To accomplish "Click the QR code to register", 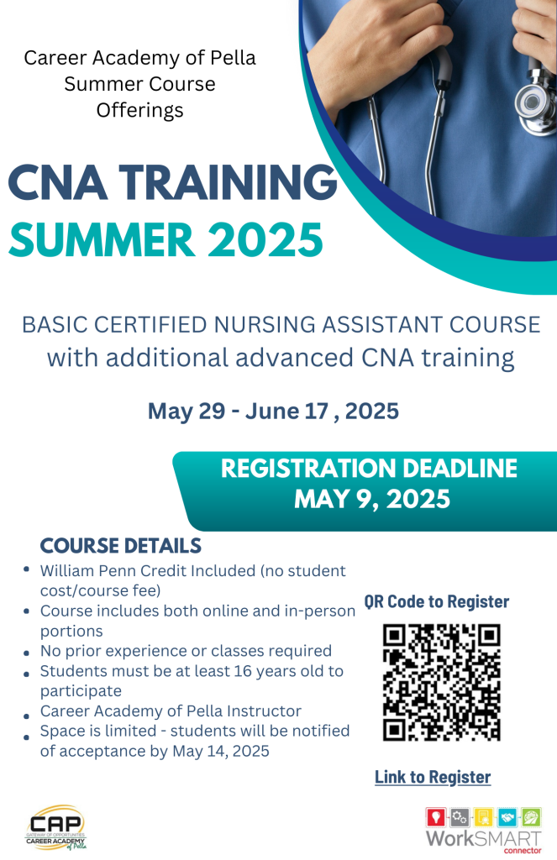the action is (x=441, y=682).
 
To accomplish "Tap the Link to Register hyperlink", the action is (x=433, y=777).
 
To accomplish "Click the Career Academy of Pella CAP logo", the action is (x=56, y=827).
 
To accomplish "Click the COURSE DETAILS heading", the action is (x=121, y=546).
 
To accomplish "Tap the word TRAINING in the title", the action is (x=228, y=181).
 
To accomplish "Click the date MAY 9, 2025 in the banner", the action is (x=372, y=499).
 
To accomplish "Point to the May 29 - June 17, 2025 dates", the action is (x=273, y=412).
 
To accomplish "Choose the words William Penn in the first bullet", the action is (x=88, y=571).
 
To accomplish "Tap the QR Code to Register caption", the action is (x=437, y=601).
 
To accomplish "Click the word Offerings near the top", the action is (x=140, y=111).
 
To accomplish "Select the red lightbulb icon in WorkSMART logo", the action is (x=436, y=817).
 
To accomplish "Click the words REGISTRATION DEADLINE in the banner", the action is (x=369, y=469).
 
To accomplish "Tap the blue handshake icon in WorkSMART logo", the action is (x=507, y=817).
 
